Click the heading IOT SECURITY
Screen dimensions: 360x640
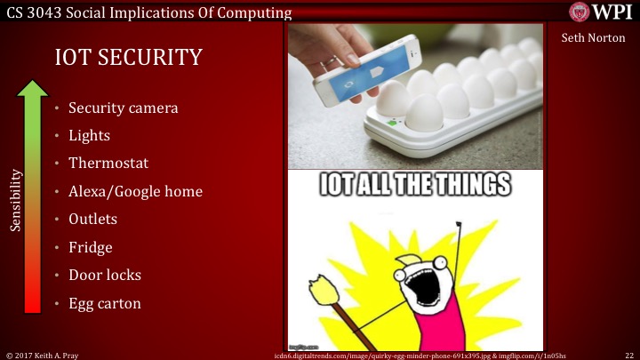128,58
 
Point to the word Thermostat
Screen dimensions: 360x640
108,164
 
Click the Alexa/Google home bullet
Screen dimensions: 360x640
135,191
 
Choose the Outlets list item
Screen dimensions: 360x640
92,219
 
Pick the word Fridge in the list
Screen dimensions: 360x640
90,247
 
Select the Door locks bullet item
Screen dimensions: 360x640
105,275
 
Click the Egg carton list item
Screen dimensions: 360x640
104,303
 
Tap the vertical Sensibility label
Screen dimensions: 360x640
15,199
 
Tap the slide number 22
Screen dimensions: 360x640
629,354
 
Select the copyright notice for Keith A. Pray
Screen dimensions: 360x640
43,354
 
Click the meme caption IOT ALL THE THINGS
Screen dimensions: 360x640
416,186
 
